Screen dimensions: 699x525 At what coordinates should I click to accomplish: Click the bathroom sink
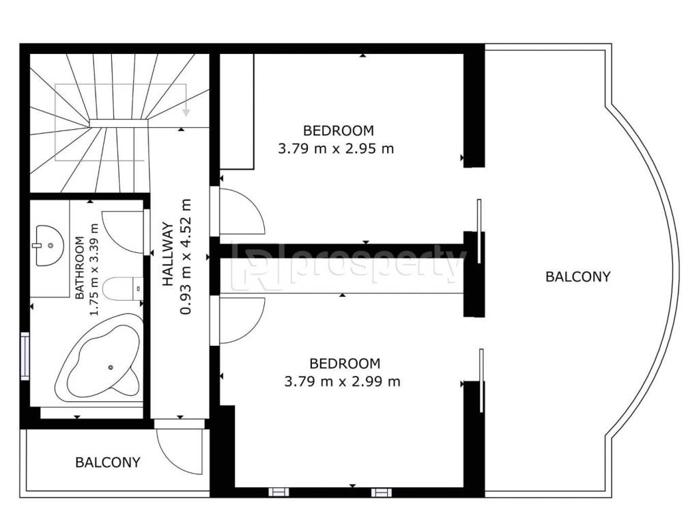click(x=49, y=246)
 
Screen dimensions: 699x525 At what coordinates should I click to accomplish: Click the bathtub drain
click(x=111, y=367)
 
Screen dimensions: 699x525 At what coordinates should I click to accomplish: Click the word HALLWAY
click(x=168, y=253)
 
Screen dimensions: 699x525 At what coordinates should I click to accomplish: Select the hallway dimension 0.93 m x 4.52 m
click(x=186, y=257)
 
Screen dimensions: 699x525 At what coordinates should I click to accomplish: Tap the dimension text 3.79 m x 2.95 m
click(x=336, y=148)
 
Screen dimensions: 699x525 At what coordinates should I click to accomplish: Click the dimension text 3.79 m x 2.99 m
click(x=343, y=381)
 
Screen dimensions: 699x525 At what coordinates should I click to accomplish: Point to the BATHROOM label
click(x=79, y=268)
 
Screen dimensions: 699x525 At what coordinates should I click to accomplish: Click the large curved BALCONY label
click(x=577, y=277)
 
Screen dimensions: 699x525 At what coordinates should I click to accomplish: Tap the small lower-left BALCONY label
click(x=108, y=462)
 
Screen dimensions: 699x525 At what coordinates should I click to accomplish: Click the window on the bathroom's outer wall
click(x=25, y=355)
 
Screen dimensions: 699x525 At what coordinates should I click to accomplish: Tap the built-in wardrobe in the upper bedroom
click(x=237, y=111)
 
